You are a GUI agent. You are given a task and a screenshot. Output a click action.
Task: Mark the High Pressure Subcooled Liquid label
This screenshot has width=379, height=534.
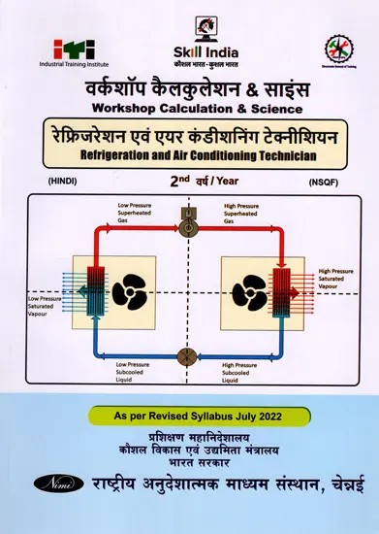click(242, 372)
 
